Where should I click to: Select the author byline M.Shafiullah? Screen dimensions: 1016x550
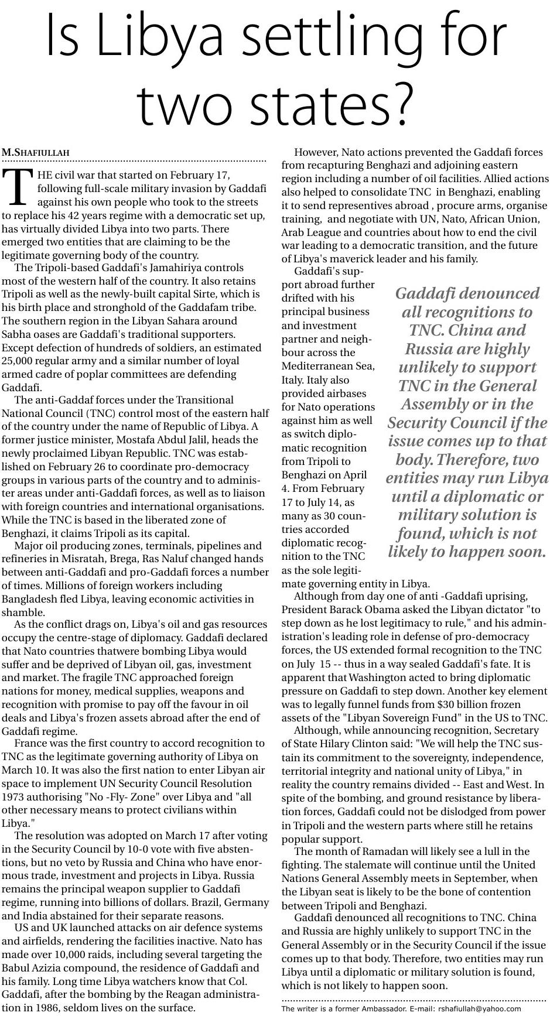click(x=36, y=153)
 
